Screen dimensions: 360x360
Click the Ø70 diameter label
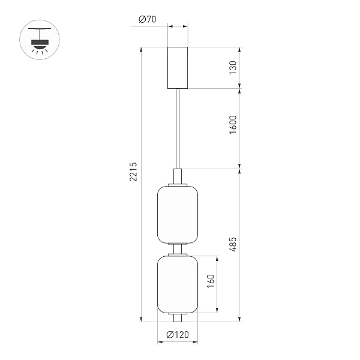pyautogui.click(x=147, y=19)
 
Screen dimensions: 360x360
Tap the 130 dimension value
pyautogui.click(x=232, y=67)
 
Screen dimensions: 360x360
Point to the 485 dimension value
pyautogui.click(x=232, y=244)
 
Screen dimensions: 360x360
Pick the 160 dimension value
pyautogui.click(x=210, y=282)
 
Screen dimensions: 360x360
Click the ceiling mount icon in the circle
pyautogui.click(x=40, y=40)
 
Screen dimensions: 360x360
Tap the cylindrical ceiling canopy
pyautogui.click(x=177, y=67)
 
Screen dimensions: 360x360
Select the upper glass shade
pyautogui.click(x=177, y=215)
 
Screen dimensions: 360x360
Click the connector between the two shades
pyautogui.click(x=177, y=249)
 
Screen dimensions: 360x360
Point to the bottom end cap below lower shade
pyautogui.click(x=177, y=316)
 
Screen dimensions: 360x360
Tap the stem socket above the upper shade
pyautogui.click(x=177, y=176)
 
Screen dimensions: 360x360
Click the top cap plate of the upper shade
pyautogui.click(x=177, y=185)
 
